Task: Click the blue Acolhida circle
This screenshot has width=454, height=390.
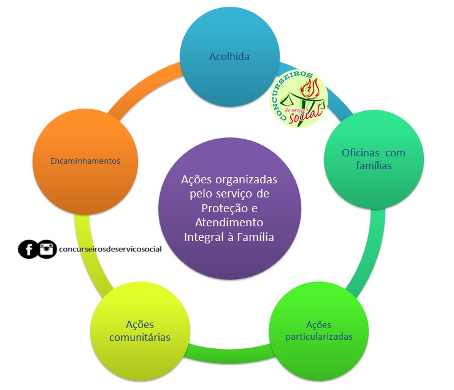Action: coord(229,57)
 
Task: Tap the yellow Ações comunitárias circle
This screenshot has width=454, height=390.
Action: coord(140,332)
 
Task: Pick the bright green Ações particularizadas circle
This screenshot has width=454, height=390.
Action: coord(319,331)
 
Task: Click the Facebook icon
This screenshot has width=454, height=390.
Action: coord(28,249)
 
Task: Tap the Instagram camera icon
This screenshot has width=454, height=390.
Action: coord(47,249)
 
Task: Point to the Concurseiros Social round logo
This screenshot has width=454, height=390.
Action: coord(299,98)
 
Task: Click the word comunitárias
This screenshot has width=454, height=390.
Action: coord(140,338)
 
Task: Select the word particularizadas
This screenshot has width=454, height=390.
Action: coord(319,337)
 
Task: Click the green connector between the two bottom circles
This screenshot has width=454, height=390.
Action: coord(228,354)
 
